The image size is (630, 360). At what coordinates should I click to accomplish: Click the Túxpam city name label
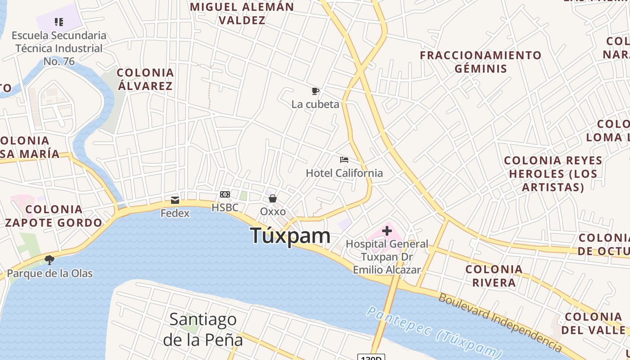(290, 236)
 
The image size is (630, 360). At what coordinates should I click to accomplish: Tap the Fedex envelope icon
(175, 200)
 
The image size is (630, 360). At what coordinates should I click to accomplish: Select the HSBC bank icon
(225, 194)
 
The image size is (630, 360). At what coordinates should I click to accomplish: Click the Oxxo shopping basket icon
(273, 198)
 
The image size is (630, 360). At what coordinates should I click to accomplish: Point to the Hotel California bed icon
(344, 160)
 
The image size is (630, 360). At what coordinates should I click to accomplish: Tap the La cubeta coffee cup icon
(315, 91)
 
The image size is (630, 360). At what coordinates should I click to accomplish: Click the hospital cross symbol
(387, 231)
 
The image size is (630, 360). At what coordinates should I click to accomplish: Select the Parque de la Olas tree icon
(49, 260)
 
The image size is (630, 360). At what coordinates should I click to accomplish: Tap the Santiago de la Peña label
(203, 329)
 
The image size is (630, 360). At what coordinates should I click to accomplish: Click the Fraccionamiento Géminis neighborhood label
(481, 62)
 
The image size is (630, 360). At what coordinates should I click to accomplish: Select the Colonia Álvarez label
(145, 79)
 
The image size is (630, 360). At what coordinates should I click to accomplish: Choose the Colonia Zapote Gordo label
(54, 216)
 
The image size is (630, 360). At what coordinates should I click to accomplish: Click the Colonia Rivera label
(494, 276)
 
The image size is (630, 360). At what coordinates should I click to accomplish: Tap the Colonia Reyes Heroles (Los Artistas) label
(553, 174)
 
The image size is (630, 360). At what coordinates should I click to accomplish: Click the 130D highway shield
(371, 357)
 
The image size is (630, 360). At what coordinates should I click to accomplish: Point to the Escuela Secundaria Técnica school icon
(58, 22)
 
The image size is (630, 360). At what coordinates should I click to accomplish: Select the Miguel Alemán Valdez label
(242, 13)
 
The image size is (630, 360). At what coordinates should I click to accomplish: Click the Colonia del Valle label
(593, 323)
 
